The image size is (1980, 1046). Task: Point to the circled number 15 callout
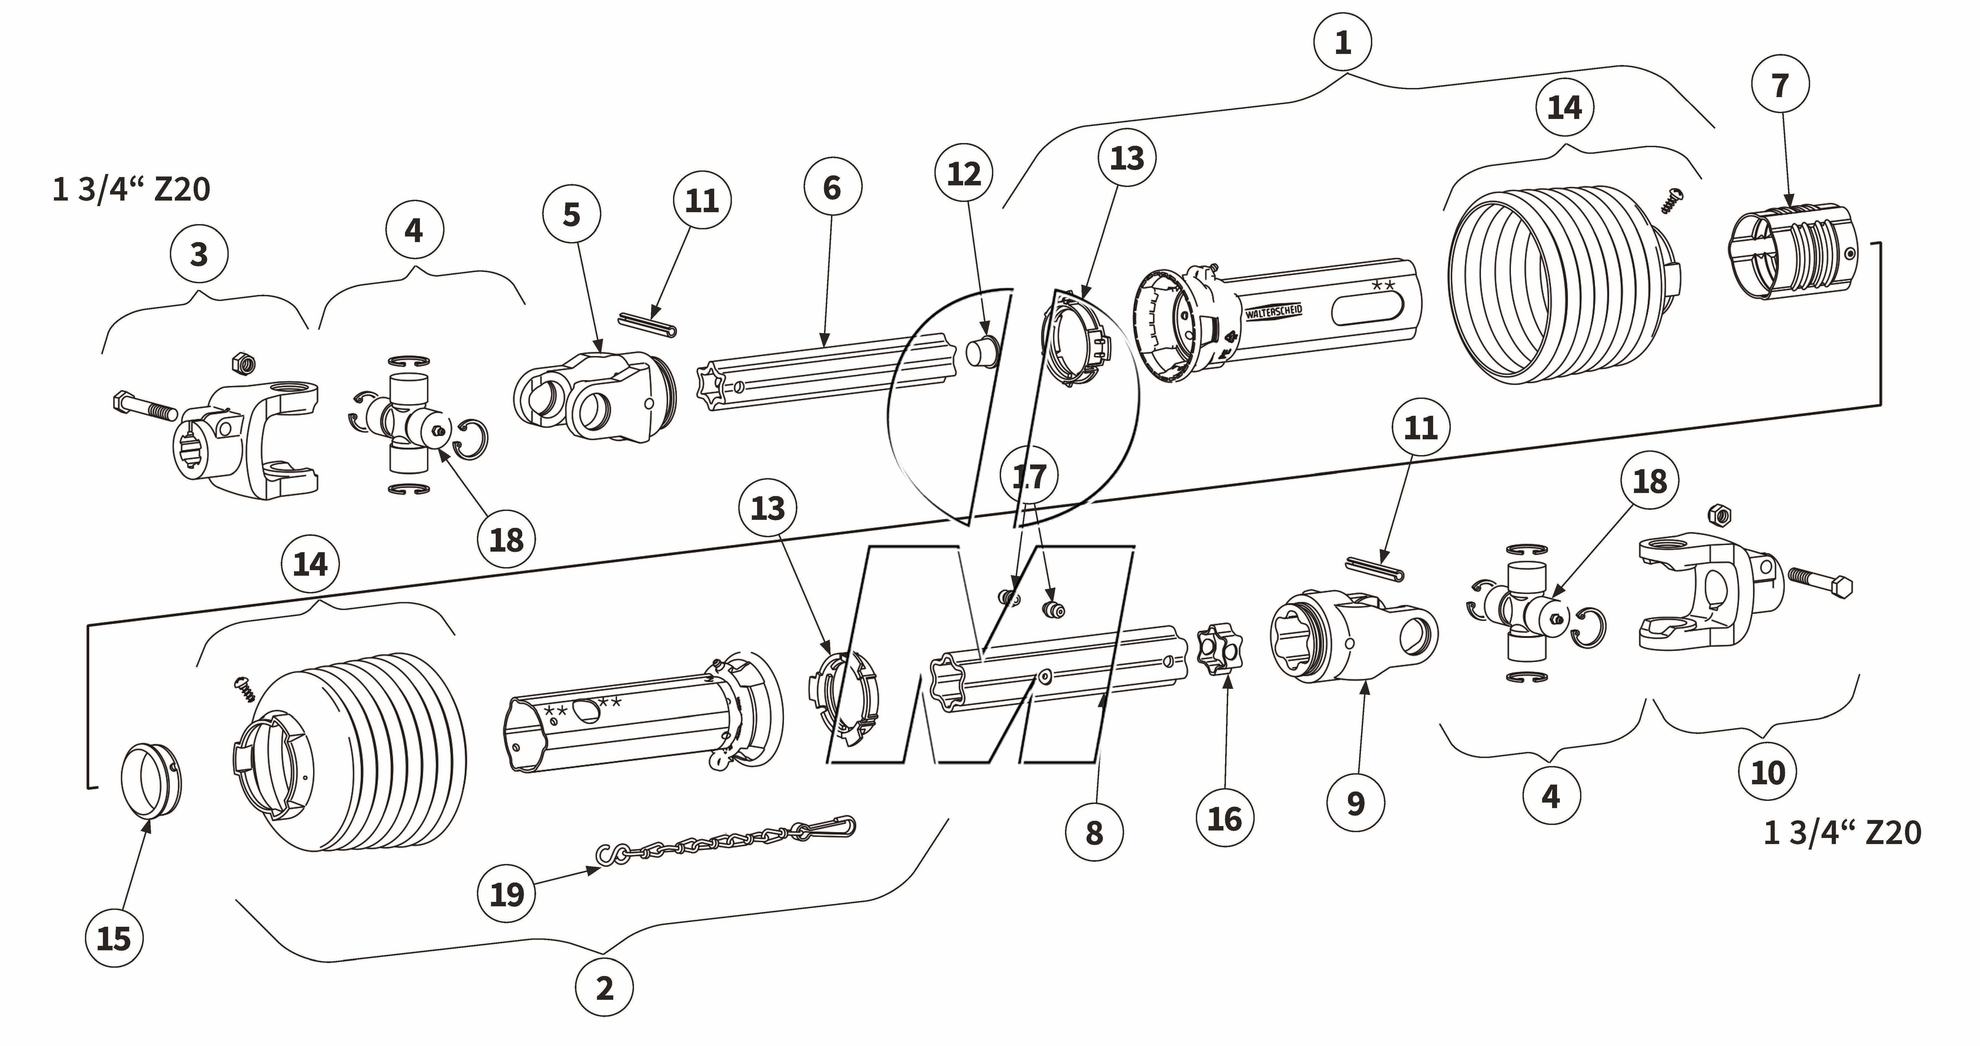click(114, 938)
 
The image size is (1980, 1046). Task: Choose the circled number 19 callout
click(506, 894)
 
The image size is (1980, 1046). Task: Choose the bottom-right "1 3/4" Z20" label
click(1842, 832)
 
